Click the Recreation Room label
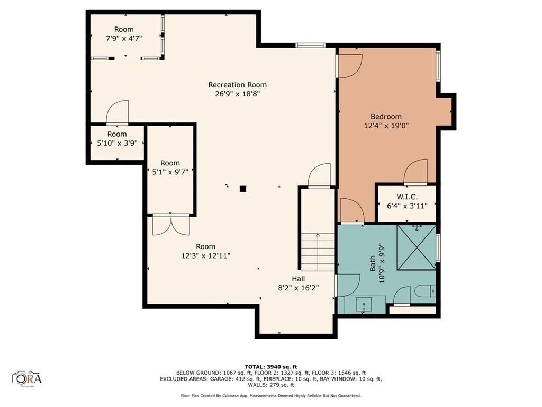[x=237, y=85]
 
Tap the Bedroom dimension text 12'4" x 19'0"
[x=386, y=126]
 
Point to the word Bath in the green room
[x=373, y=263]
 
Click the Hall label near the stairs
[x=299, y=279]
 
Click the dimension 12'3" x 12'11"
[x=205, y=255]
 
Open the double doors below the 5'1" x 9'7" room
[x=170, y=225]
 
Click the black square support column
[x=243, y=188]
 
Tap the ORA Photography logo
[x=27, y=378]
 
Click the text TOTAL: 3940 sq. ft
[x=270, y=366]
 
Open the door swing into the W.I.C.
[x=415, y=173]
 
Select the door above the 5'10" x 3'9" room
[x=117, y=113]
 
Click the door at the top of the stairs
[x=319, y=176]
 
